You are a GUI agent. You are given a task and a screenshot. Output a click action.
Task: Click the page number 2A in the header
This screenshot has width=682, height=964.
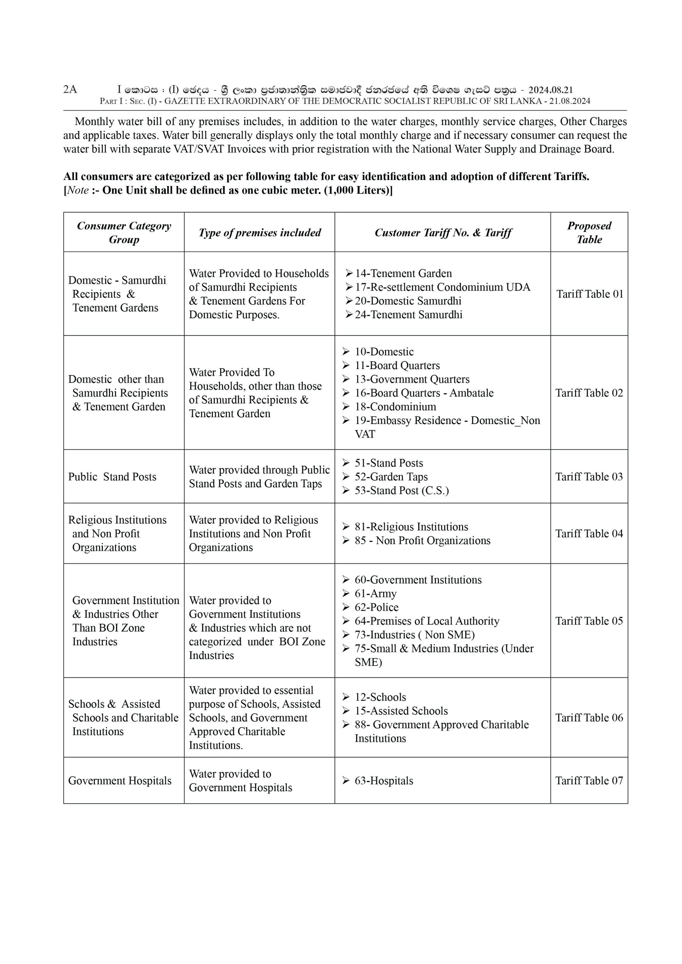[x=70, y=89]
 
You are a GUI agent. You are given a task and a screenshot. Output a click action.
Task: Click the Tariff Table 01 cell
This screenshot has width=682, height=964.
[x=589, y=294]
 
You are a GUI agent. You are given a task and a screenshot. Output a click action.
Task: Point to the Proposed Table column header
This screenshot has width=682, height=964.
[x=589, y=232]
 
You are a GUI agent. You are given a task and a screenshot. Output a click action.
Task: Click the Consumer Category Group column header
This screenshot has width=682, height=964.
[x=124, y=232]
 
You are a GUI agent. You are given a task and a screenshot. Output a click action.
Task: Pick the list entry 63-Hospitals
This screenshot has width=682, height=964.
[x=384, y=781]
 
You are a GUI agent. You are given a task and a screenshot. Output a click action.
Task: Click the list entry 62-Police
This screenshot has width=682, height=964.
[x=376, y=607]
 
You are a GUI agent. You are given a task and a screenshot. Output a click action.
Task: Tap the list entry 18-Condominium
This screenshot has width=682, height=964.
[x=395, y=406]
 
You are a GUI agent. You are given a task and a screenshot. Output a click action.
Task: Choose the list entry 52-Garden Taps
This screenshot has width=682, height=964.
[x=391, y=477]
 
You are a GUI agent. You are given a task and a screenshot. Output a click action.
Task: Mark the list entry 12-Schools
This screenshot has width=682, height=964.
[x=380, y=697]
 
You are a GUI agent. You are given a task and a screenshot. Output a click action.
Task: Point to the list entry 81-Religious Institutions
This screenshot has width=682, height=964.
[x=411, y=526]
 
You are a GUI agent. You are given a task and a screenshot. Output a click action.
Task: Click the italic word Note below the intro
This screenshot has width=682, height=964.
[x=78, y=190]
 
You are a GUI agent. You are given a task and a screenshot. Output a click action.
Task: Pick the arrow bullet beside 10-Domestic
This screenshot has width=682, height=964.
[x=346, y=351]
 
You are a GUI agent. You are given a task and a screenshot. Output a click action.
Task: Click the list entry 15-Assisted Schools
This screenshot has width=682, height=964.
[x=401, y=711]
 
